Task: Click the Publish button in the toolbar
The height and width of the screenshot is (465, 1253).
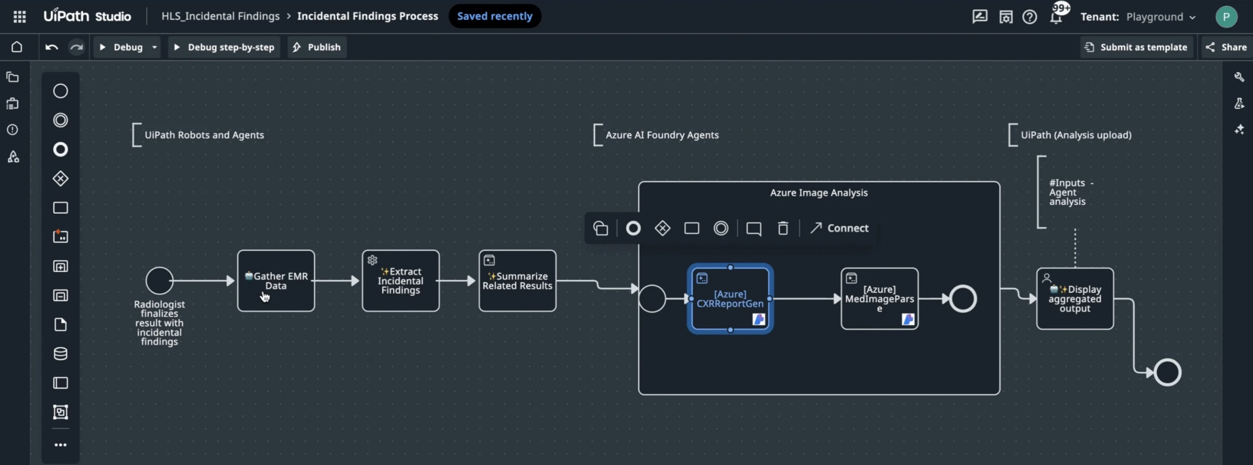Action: click(x=317, y=47)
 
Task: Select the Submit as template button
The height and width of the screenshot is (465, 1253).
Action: click(x=1137, y=47)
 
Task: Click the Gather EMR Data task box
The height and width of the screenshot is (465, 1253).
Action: click(x=276, y=281)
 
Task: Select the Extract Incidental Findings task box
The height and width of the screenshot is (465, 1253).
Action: click(x=400, y=281)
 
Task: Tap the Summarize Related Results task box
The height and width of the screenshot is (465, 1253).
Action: click(x=517, y=281)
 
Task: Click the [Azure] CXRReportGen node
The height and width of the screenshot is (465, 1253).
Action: click(x=730, y=299)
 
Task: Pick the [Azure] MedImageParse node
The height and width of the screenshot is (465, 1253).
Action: click(x=879, y=299)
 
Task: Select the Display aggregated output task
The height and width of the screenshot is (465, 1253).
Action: click(x=1075, y=299)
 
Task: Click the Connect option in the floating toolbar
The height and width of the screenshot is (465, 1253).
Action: click(x=839, y=228)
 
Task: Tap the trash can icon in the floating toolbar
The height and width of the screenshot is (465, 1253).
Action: click(x=783, y=228)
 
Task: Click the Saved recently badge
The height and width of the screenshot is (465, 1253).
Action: click(x=494, y=16)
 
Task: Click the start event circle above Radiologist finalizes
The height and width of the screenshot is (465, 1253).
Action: click(x=159, y=281)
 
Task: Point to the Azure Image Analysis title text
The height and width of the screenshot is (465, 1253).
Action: click(x=818, y=193)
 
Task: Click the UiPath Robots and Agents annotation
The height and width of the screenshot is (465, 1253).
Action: click(x=204, y=135)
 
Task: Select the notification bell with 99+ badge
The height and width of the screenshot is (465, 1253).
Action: click(x=1056, y=17)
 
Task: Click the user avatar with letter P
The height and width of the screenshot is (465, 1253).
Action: click(x=1226, y=17)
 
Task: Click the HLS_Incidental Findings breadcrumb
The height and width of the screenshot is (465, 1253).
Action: click(x=220, y=16)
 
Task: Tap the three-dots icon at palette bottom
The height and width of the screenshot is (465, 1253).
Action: click(x=60, y=445)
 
